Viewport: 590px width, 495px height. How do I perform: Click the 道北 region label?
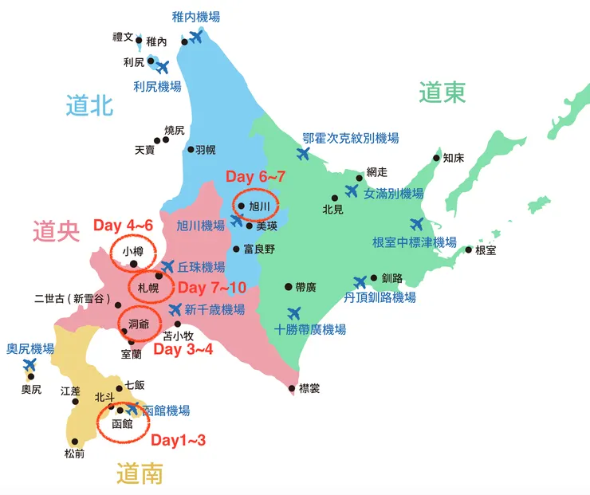[x=90, y=105]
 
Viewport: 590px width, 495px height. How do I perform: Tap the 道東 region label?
[x=442, y=93]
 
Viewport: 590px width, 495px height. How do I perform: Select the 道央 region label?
[x=57, y=231]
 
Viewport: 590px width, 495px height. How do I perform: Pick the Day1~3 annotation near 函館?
[x=179, y=440]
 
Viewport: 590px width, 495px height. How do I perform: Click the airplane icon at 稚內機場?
[x=194, y=37]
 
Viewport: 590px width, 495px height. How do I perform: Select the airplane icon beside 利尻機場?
[x=162, y=67]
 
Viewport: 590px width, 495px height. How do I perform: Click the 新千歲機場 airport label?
[x=214, y=310]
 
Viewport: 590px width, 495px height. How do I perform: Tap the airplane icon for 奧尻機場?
[x=30, y=366]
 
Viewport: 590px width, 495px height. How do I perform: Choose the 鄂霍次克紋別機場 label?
[x=350, y=138]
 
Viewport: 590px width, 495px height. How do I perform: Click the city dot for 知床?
[x=437, y=157]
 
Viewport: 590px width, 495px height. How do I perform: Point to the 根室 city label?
[x=486, y=250]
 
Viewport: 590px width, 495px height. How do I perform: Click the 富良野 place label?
[x=259, y=249]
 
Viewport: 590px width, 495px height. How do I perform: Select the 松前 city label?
[x=74, y=454]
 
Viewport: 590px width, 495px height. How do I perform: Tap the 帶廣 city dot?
[x=289, y=286]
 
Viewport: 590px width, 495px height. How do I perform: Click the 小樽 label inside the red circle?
[x=133, y=251]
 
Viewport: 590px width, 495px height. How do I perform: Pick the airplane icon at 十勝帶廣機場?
[x=294, y=312]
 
